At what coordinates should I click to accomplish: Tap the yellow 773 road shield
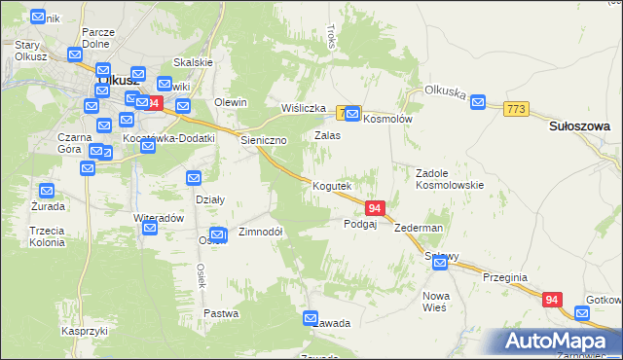tap(516, 110)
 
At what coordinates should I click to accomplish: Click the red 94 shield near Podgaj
tap(376, 208)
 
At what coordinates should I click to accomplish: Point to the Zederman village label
tap(420, 228)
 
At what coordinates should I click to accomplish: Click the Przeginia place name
tap(505, 277)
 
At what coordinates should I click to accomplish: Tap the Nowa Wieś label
tap(434, 301)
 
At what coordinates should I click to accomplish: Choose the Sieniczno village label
tap(264, 140)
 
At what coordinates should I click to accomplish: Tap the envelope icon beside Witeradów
tap(150, 228)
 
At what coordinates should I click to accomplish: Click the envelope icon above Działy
tap(194, 178)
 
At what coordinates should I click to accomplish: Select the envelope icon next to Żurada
tap(46, 190)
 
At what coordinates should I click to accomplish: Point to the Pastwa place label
tap(222, 313)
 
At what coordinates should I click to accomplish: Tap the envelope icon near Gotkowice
tap(582, 313)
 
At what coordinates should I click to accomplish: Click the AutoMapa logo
tap(558, 342)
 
